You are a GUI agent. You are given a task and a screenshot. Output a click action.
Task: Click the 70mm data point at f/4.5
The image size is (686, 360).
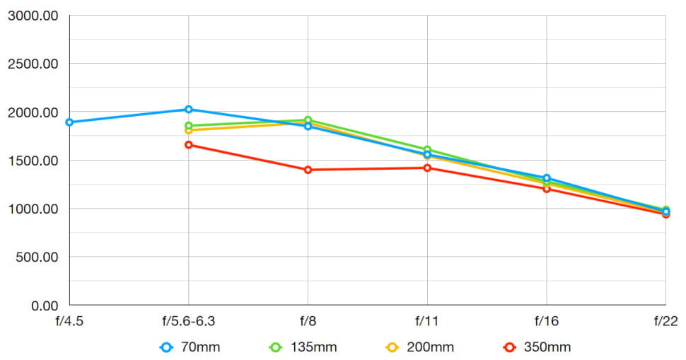click(x=69, y=122)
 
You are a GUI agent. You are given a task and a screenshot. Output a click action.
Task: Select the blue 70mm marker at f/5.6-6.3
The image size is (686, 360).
click(x=189, y=110)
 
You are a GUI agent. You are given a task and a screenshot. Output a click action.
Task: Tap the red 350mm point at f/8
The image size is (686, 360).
click(x=308, y=170)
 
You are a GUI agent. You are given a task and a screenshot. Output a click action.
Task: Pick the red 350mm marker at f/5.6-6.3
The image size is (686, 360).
click(x=189, y=145)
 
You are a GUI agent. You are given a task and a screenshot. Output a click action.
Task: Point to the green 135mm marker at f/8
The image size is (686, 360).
click(x=308, y=120)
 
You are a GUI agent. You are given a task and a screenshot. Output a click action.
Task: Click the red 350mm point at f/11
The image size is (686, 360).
click(x=427, y=168)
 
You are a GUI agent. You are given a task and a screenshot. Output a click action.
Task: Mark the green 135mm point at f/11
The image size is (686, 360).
click(x=427, y=150)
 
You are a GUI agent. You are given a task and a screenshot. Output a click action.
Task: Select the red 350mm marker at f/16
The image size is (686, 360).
click(x=547, y=189)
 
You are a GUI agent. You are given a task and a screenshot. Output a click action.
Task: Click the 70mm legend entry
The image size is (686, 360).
click(x=186, y=347)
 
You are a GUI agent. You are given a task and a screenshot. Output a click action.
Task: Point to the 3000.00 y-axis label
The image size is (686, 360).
click(x=33, y=16)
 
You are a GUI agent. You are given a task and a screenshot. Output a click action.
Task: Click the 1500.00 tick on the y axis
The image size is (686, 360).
click(x=33, y=161)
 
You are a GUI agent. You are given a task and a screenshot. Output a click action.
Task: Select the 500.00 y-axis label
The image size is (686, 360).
click(x=36, y=257)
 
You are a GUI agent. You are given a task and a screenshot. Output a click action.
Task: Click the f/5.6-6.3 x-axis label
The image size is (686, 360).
click(x=189, y=321)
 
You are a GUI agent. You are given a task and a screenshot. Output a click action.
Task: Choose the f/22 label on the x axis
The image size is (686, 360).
click(x=665, y=321)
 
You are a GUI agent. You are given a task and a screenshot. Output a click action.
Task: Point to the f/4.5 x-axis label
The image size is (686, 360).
click(x=69, y=321)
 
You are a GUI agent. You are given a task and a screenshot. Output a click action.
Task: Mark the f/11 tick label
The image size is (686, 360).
click(x=427, y=321)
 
